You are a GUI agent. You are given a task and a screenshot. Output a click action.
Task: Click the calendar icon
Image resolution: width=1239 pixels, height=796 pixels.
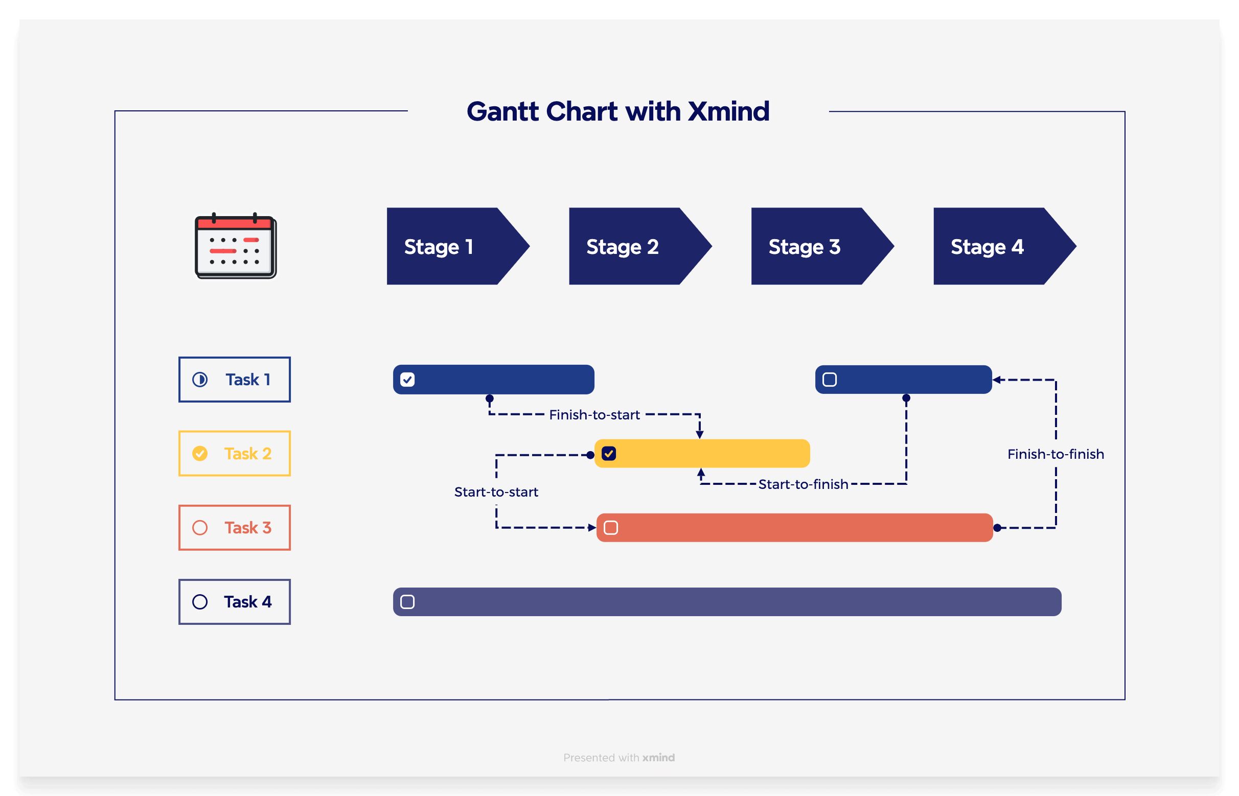tap(236, 247)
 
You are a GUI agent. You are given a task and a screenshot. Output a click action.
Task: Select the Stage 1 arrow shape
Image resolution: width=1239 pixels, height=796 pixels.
tap(450, 247)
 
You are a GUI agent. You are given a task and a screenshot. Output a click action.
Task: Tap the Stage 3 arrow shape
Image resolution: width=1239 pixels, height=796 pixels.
tap(814, 247)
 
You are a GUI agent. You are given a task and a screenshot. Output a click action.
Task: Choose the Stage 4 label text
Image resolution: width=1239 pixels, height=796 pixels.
tap(986, 247)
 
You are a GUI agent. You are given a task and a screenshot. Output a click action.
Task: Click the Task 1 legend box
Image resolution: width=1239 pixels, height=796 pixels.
tap(234, 380)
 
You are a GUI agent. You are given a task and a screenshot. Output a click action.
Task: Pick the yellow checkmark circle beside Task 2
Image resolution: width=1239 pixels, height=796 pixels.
tap(200, 453)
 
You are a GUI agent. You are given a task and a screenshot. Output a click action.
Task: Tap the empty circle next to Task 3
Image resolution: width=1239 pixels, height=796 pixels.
tap(200, 528)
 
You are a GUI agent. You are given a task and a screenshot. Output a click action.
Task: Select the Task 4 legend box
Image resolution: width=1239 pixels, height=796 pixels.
tap(234, 602)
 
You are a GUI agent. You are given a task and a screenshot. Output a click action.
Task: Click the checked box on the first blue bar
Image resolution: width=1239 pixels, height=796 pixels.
tap(407, 380)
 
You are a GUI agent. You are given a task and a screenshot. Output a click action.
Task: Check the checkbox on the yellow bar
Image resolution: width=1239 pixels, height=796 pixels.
tap(609, 454)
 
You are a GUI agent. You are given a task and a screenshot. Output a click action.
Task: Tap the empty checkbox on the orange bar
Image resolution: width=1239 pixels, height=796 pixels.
tap(611, 528)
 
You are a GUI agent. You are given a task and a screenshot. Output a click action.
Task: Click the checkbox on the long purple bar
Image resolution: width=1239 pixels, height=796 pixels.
tap(407, 602)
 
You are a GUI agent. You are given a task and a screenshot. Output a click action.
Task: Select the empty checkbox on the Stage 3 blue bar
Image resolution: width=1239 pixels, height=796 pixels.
tap(830, 380)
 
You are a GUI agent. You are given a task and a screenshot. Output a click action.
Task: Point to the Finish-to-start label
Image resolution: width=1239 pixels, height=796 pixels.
tap(594, 414)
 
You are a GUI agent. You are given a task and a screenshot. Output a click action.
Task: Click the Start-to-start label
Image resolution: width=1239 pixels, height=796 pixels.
tap(496, 491)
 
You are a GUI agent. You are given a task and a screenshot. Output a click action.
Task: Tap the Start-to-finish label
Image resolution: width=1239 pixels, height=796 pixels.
tap(803, 484)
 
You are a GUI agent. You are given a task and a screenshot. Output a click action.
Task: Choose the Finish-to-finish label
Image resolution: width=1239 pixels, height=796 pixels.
tap(1056, 454)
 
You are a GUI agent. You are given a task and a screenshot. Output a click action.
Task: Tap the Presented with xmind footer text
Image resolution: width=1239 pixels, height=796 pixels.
tap(619, 757)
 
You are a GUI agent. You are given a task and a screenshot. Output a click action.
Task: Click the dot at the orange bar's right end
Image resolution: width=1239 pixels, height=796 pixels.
tap(997, 528)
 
